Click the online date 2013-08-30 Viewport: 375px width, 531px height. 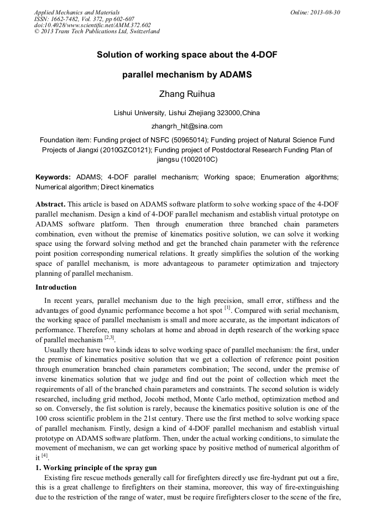(327, 12)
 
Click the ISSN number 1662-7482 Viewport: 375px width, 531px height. (67, 19)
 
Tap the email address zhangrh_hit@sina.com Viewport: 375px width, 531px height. (187, 126)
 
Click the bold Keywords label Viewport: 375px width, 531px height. (53, 177)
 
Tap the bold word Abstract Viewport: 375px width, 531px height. (50, 204)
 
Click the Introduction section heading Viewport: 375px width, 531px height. (56, 287)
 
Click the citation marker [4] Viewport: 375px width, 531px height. (44, 456)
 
